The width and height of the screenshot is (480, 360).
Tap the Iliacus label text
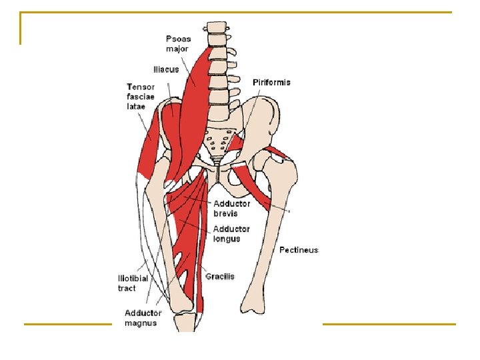tap(165, 69)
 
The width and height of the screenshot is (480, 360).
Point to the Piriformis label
tap(271, 82)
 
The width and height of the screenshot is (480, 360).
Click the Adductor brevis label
tap(231, 208)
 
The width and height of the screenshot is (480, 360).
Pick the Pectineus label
tap(299, 250)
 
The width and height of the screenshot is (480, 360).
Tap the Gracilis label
tap(220, 276)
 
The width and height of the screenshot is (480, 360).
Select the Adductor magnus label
tap(143, 317)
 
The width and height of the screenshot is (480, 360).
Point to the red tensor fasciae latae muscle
tap(150, 143)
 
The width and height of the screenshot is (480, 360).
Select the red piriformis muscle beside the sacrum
tap(238, 141)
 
